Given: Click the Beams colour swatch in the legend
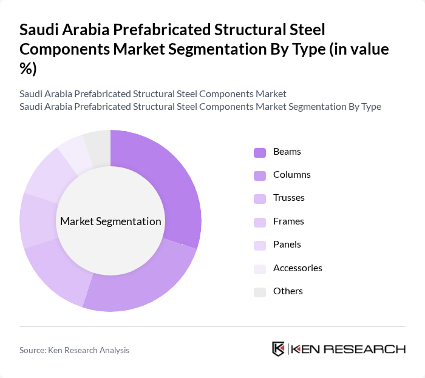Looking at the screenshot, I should pyautogui.click(x=260, y=152).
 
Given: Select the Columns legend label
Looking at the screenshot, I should pyautogui.click(x=291, y=175).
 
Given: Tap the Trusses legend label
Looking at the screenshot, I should pyautogui.click(x=289, y=198).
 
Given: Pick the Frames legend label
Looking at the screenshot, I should pyautogui.click(x=288, y=221).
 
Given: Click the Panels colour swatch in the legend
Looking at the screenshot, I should pyautogui.click(x=260, y=245).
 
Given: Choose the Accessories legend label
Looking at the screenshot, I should pyautogui.click(x=297, y=268).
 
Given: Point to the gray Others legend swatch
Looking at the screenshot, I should pyautogui.click(x=260, y=292).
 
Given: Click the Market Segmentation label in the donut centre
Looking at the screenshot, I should pyautogui.click(x=110, y=221).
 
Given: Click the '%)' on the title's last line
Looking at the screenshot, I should pyautogui.click(x=28, y=69).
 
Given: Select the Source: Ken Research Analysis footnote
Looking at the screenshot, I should pyautogui.click(x=74, y=350).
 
